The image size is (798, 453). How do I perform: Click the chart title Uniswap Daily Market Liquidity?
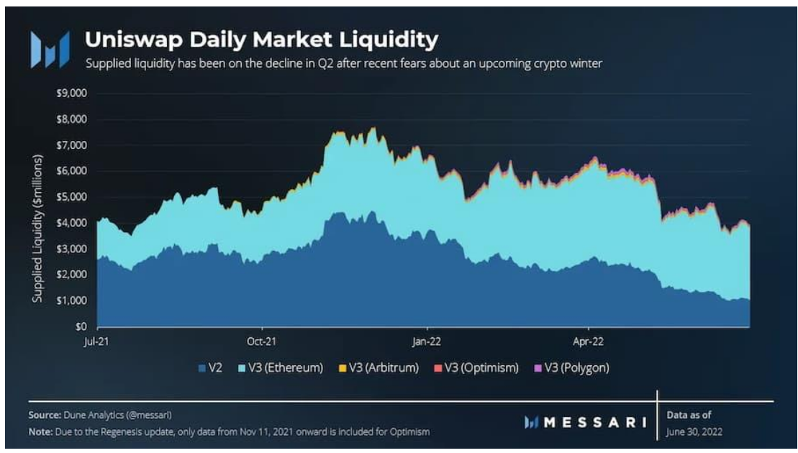click(261, 40)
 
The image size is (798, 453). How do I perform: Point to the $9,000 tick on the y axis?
click(71, 93)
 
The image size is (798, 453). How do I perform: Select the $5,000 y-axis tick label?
click(71, 196)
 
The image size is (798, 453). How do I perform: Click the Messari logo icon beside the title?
click(49, 49)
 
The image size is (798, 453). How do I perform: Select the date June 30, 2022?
click(695, 431)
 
